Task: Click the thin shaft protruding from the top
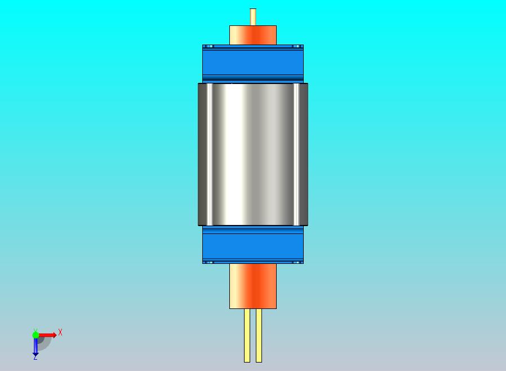coord(253,16)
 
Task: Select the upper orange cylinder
coord(253,35)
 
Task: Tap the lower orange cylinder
coord(253,286)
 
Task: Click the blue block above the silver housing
coord(253,61)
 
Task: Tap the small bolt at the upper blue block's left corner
coord(209,46)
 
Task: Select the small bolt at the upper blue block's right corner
coord(297,46)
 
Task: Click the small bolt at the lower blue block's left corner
coord(209,262)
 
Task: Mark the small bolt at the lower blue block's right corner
coord(297,262)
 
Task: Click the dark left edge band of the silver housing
coord(202,154)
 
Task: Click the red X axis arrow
coord(48,335)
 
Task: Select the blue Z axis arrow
coord(35,346)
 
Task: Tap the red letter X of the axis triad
coord(60,332)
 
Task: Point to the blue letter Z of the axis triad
coord(35,357)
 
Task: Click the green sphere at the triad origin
coord(35,335)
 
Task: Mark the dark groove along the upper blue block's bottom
coord(253,77)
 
